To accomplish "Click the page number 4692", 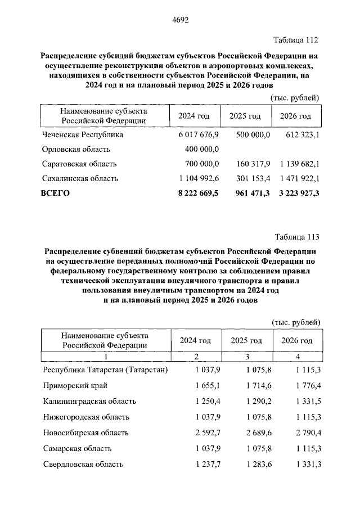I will pyautogui.click(x=180, y=20).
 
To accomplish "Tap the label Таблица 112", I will pyautogui.click(x=296, y=40).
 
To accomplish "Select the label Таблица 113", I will pyautogui.click(x=296, y=236).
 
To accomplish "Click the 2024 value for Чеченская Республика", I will pyautogui.click(x=198, y=135).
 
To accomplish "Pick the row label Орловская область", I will pyautogui.click(x=76, y=150).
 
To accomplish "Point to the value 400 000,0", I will pyautogui.click(x=202, y=150).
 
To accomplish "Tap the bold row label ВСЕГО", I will pyautogui.click(x=55, y=193).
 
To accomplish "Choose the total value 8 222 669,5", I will pyautogui.click(x=198, y=193).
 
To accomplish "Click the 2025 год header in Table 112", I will pyautogui.click(x=245, y=116).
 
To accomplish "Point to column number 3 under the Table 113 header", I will pyautogui.click(x=246, y=358).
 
